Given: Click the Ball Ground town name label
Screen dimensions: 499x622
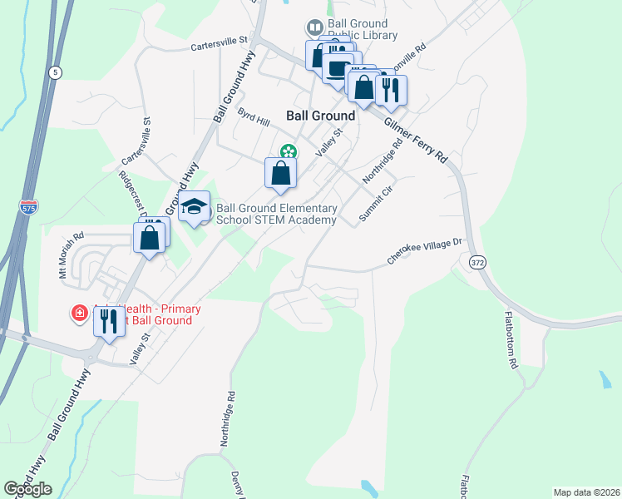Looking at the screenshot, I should click(x=321, y=116).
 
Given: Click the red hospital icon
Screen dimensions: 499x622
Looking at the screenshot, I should click(x=79, y=313).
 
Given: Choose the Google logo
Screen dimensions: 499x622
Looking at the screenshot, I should click(x=28, y=489).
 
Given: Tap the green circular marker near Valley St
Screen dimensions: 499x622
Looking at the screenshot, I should click(x=288, y=151).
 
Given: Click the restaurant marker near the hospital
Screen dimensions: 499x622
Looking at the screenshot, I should click(x=109, y=322).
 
